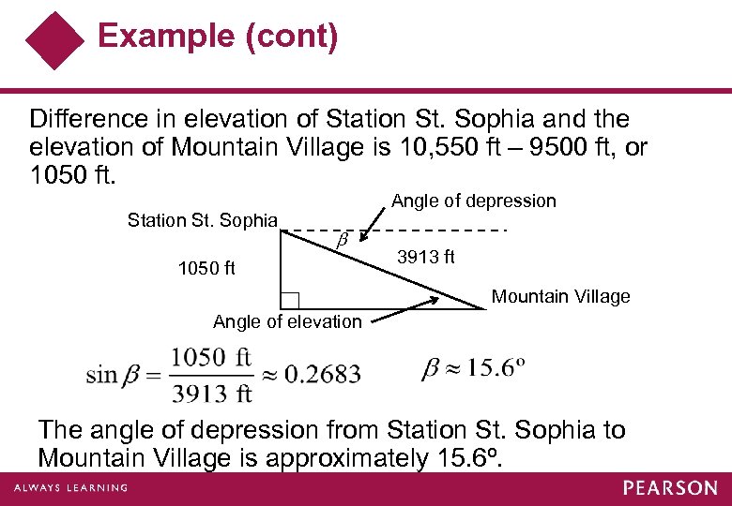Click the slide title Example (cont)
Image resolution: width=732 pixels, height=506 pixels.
tap(218, 37)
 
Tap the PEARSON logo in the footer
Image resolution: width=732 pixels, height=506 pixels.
tap(670, 488)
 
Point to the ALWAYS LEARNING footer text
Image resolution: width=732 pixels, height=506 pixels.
tap(70, 487)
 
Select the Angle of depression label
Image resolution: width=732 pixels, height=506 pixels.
tap(473, 201)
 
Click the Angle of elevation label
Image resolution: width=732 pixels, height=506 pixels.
tap(287, 321)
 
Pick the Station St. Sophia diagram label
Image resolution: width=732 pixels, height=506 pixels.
tap(203, 220)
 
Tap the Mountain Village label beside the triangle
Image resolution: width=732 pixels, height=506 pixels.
tap(561, 296)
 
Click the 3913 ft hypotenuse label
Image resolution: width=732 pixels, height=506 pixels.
tap(426, 257)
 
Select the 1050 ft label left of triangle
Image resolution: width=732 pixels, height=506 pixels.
tap(206, 269)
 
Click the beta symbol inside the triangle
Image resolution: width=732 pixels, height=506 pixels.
tap(343, 240)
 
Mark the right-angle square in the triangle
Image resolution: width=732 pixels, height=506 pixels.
tap(290, 301)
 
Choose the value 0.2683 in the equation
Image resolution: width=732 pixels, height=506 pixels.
tap(322, 375)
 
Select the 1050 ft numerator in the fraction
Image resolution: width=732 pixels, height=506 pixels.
tap(212, 357)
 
